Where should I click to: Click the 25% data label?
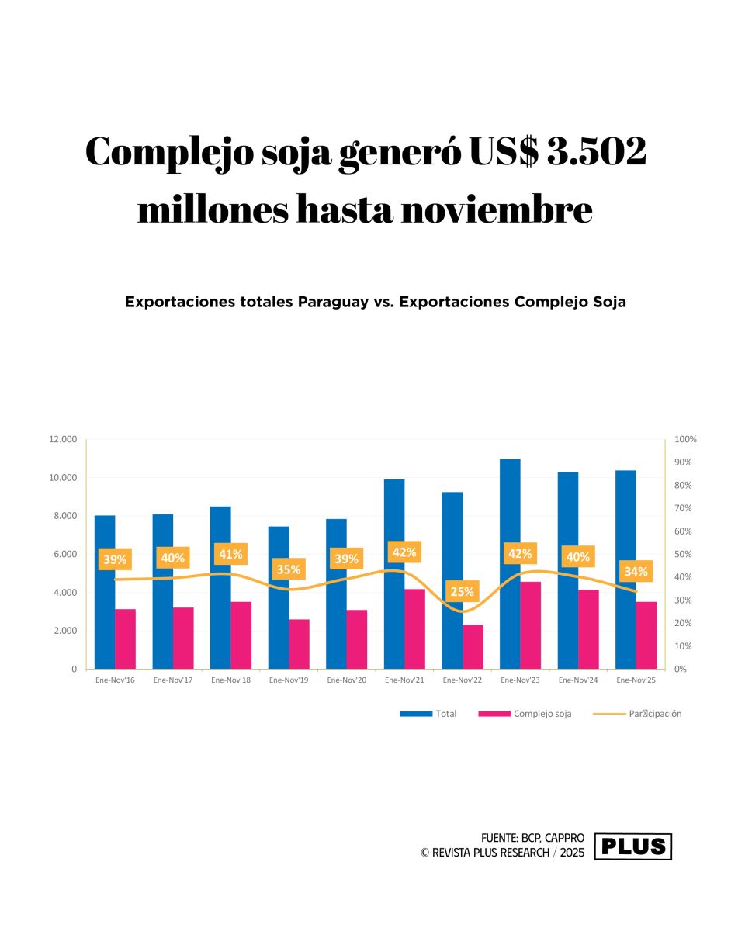(463, 592)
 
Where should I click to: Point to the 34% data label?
(636, 572)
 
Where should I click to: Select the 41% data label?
(230, 555)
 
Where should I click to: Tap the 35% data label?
(289, 569)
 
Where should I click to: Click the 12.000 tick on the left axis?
(62, 439)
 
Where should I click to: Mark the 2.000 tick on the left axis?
(64, 631)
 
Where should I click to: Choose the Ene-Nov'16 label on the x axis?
(115, 680)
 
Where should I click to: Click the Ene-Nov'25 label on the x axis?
(636, 680)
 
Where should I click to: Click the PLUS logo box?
(633, 846)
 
